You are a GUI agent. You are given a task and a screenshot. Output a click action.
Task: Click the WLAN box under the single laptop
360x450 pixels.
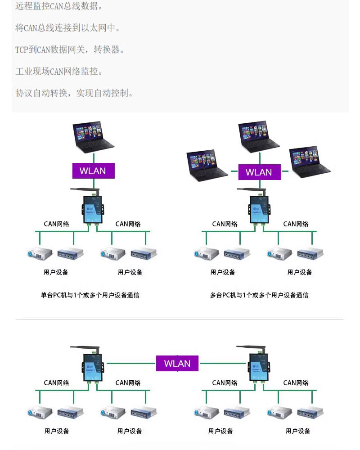pyautogui.click(x=94, y=171)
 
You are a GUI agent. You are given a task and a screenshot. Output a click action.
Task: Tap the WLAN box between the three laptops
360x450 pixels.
pyautogui.click(x=259, y=172)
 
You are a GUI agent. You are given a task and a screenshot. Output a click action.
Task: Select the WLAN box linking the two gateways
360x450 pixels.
pyautogui.click(x=177, y=363)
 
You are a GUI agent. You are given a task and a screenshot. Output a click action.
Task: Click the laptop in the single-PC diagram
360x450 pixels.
pyautogui.click(x=93, y=137)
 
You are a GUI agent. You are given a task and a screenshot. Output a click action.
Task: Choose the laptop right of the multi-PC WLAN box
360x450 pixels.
pyautogui.click(x=310, y=162)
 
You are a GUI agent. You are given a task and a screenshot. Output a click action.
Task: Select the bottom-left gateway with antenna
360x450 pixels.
pyautogui.click(x=93, y=368)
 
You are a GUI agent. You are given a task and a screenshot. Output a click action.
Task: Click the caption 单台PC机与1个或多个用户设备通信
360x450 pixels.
pyautogui.click(x=90, y=295)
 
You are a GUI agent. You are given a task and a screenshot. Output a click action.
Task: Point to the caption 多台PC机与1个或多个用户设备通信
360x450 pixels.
pyautogui.click(x=259, y=295)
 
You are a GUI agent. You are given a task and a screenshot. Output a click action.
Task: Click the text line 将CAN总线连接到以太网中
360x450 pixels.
pyautogui.click(x=68, y=28)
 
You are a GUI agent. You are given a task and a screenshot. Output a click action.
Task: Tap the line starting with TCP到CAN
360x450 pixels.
pyautogui.click(x=70, y=49)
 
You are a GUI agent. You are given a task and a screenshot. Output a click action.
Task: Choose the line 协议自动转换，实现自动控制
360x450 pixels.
pyautogui.click(x=74, y=93)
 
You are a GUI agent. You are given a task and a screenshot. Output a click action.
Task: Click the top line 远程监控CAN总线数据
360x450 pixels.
pyautogui.click(x=59, y=6)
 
